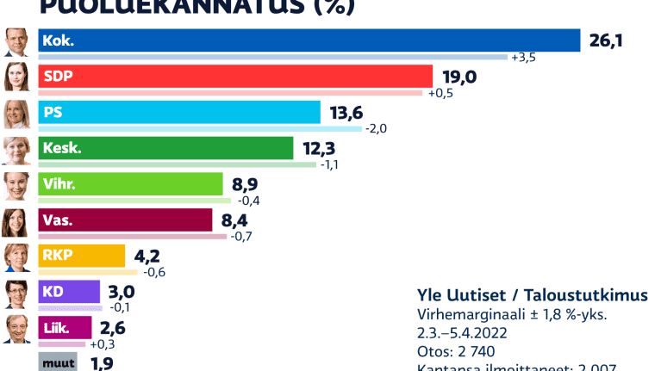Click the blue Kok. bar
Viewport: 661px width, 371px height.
pos(310,40)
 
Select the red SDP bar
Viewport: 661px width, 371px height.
pos(235,76)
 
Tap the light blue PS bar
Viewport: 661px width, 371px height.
pos(179,112)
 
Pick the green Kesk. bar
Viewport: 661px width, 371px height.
pos(165,148)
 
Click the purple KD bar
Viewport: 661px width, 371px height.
pos(69,291)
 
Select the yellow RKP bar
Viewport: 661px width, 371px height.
pos(82,256)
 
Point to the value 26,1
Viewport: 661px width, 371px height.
pos(607,40)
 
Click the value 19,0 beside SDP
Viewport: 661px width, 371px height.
pos(458,77)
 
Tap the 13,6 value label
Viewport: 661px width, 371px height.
pos(346,113)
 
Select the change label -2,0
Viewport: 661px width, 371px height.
pos(377,129)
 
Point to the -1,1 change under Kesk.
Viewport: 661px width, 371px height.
pos(331,164)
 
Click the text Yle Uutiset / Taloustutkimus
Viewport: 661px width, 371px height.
pos(532,295)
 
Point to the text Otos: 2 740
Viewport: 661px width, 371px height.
pos(455,351)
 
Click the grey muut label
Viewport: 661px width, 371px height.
pos(58,363)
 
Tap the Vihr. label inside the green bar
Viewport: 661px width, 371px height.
pos(59,184)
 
